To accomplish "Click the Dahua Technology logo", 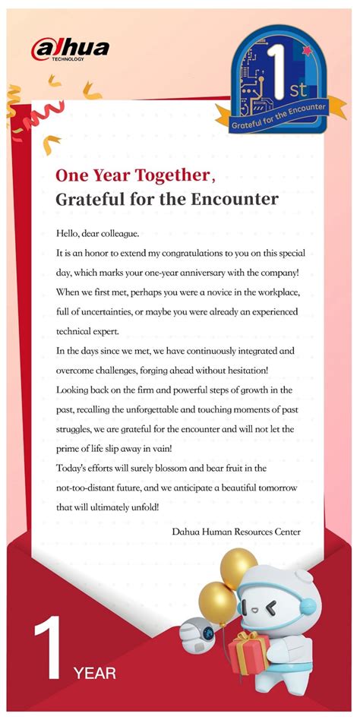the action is click(x=70, y=49).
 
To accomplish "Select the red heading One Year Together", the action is click(x=132, y=176).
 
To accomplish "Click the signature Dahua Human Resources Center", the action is click(x=236, y=532).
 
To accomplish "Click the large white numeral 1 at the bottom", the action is click(x=47, y=646).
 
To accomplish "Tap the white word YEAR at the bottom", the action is click(x=95, y=672).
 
